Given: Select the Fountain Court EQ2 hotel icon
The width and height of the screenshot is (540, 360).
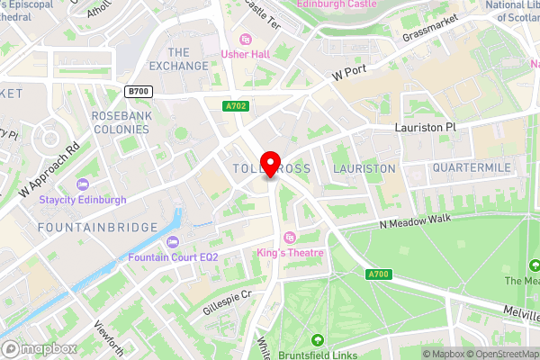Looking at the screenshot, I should tap(172, 241).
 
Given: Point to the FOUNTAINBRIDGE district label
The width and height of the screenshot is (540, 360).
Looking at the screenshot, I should tap(98, 228).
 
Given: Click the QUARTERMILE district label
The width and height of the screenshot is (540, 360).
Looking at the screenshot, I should tap(472, 168).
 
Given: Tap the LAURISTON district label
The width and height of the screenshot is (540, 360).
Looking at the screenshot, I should tap(364, 168).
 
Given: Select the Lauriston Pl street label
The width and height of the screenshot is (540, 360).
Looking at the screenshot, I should tap(426, 128).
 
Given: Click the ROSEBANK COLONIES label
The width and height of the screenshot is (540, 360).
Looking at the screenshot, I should tap(126, 123).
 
